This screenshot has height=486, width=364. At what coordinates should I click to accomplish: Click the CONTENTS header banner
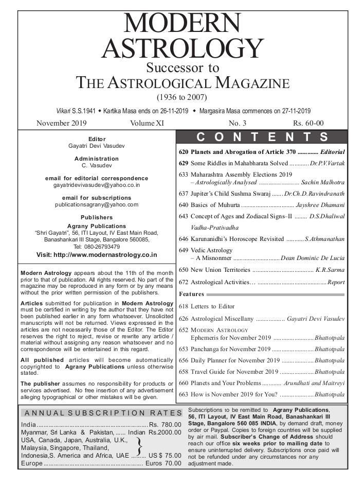click(x=262, y=137)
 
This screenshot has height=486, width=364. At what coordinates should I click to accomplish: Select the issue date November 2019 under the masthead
click(x=62, y=123)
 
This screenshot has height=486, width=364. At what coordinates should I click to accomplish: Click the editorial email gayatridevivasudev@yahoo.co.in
click(x=97, y=184)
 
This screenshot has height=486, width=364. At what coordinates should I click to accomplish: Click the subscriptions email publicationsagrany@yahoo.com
click(x=97, y=204)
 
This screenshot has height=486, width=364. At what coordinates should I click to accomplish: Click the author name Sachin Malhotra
click(x=323, y=183)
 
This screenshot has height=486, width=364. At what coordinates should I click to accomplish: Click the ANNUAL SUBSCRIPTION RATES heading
click(x=101, y=413)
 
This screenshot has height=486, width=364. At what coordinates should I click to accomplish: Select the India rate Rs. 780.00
click(x=166, y=424)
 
